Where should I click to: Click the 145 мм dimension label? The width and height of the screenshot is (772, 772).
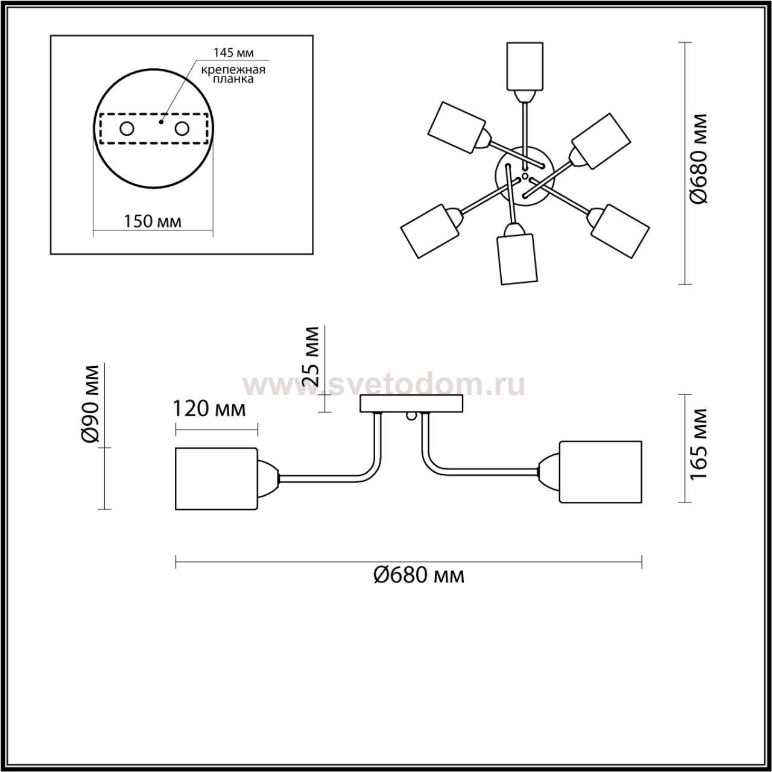click(233, 52)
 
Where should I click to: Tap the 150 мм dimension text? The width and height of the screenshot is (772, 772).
click(152, 221)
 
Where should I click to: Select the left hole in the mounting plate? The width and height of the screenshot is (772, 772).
click(127, 129)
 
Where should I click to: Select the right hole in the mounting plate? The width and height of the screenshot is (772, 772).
click(182, 129)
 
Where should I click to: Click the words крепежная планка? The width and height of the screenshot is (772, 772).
click(233, 74)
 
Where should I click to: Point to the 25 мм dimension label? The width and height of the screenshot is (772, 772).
click(311, 356)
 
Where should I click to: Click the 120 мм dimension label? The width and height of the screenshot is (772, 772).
click(209, 409)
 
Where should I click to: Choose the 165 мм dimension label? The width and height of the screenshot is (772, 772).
click(698, 444)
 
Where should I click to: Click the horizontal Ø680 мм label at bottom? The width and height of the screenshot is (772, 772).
click(419, 576)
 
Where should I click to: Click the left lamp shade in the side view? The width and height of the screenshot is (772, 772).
click(216, 479)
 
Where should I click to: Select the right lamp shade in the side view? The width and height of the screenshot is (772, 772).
click(601, 472)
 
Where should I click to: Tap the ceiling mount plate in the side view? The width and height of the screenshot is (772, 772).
click(411, 403)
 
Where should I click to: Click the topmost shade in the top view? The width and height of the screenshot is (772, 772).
click(525, 66)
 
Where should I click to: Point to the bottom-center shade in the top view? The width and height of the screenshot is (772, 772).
click(517, 259)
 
